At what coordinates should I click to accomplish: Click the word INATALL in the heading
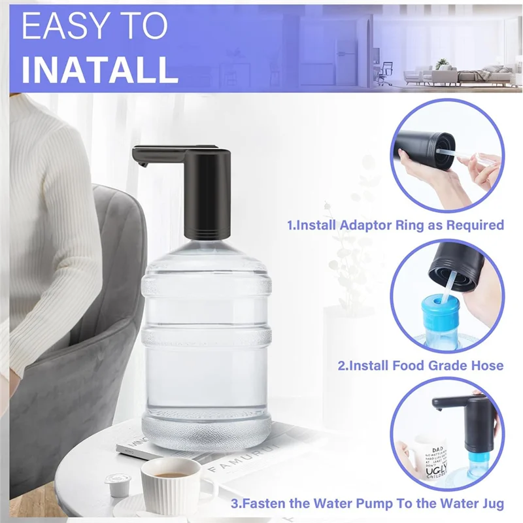click(99, 69)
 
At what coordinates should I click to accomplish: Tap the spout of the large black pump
click(141, 161)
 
